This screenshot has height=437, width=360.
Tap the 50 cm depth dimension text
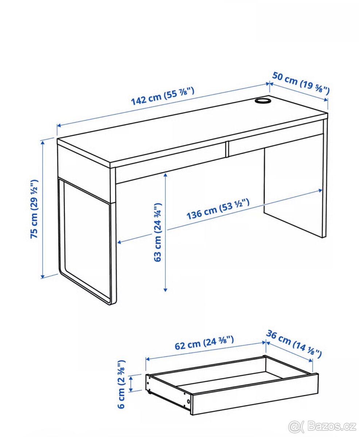pyautogui.click(x=301, y=83)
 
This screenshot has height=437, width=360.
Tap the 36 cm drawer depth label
pyautogui.click(x=294, y=343)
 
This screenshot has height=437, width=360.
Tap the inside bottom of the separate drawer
pyautogui.click(x=233, y=375)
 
